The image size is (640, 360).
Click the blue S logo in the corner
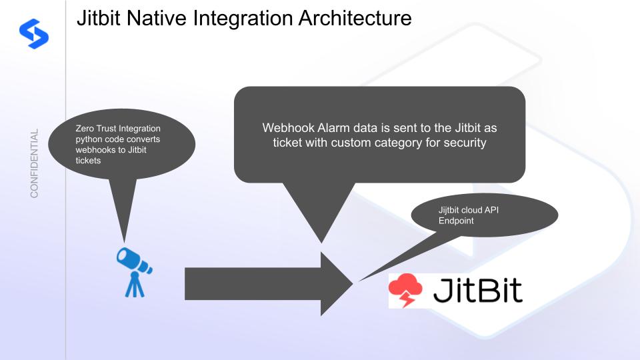34,34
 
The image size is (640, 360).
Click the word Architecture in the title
355,19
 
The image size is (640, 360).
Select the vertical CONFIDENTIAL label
34,163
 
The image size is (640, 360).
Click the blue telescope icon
134,272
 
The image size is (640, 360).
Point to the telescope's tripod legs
134,285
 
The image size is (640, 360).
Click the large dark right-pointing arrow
269,284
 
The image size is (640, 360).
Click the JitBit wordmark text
477,290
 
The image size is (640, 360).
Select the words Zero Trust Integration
118,129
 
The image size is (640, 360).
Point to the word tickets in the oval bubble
88,161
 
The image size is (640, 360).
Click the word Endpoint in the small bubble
456,221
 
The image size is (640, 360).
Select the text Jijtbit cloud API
469,210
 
